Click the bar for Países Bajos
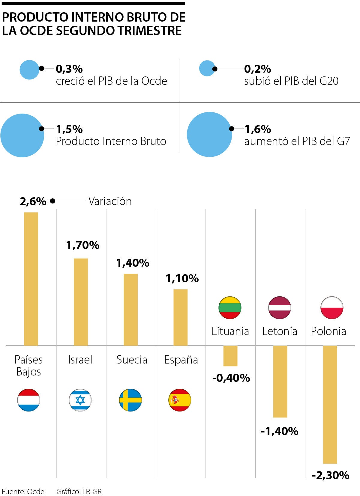click(x=31, y=279)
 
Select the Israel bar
click(x=81, y=302)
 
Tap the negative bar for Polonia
click(x=330, y=404)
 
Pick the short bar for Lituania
click(x=230, y=356)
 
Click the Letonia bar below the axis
click(x=280, y=381)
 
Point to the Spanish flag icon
click(x=180, y=400)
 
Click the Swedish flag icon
click(x=130, y=400)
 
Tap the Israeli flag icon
click(x=80, y=400)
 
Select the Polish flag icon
click(x=332, y=308)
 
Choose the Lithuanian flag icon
click(x=230, y=308)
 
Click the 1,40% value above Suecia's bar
click(x=133, y=263)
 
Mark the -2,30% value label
click(x=331, y=475)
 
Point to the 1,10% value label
click(x=182, y=278)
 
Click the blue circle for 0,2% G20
click(x=207, y=68)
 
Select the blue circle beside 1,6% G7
click(x=209, y=134)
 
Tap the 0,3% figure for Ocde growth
click(x=69, y=69)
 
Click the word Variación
click(x=110, y=201)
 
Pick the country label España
click(x=181, y=360)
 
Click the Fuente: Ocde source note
click(x=23, y=492)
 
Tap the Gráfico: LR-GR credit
click(x=79, y=492)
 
